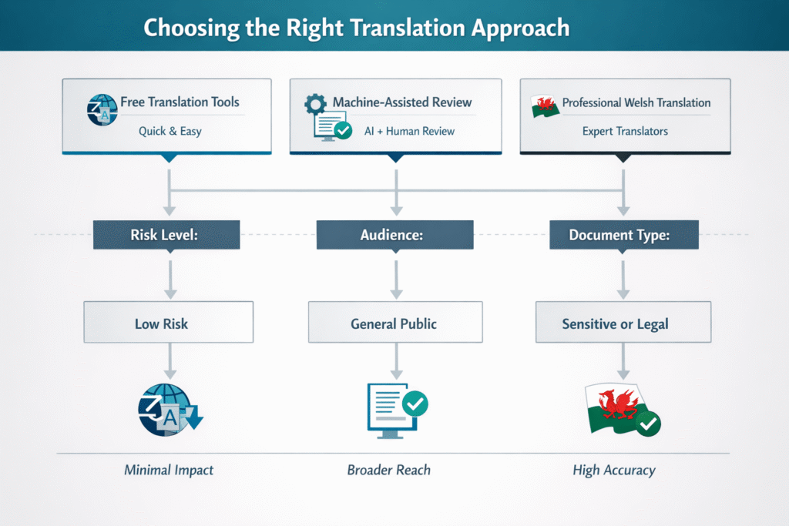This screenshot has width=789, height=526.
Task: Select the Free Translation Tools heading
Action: pyautogui.click(x=180, y=102)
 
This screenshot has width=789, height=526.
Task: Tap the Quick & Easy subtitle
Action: pyautogui.click(x=170, y=131)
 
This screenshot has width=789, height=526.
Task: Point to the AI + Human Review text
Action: pyautogui.click(x=409, y=131)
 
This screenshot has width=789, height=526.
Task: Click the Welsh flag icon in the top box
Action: pyautogui.click(x=546, y=106)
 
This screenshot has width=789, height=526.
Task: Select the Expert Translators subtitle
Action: pyautogui.click(x=625, y=131)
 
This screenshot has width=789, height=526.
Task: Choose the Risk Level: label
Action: pyautogui.click(x=166, y=235)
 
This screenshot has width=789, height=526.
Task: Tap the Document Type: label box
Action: pyautogui.click(x=623, y=235)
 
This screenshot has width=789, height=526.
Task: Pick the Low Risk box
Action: pyautogui.click(x=168, y=323)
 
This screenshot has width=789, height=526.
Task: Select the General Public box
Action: pyautogui.click(x=394, y=323)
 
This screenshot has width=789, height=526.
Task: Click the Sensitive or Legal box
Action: pyautogui.click(x=623, y=323)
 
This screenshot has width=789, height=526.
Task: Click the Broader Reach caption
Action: pyautogui.click(x=389, y=469)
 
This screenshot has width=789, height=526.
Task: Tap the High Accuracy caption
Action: pyautogui.click(x=614, y=469)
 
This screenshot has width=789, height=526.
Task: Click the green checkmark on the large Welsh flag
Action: pyautogui.click(x=648, y=423)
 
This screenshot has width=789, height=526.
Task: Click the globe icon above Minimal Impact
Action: pyautogui.click(x=164, y=409)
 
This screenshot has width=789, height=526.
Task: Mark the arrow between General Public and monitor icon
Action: pyautogui.click(x=395, y=359)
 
